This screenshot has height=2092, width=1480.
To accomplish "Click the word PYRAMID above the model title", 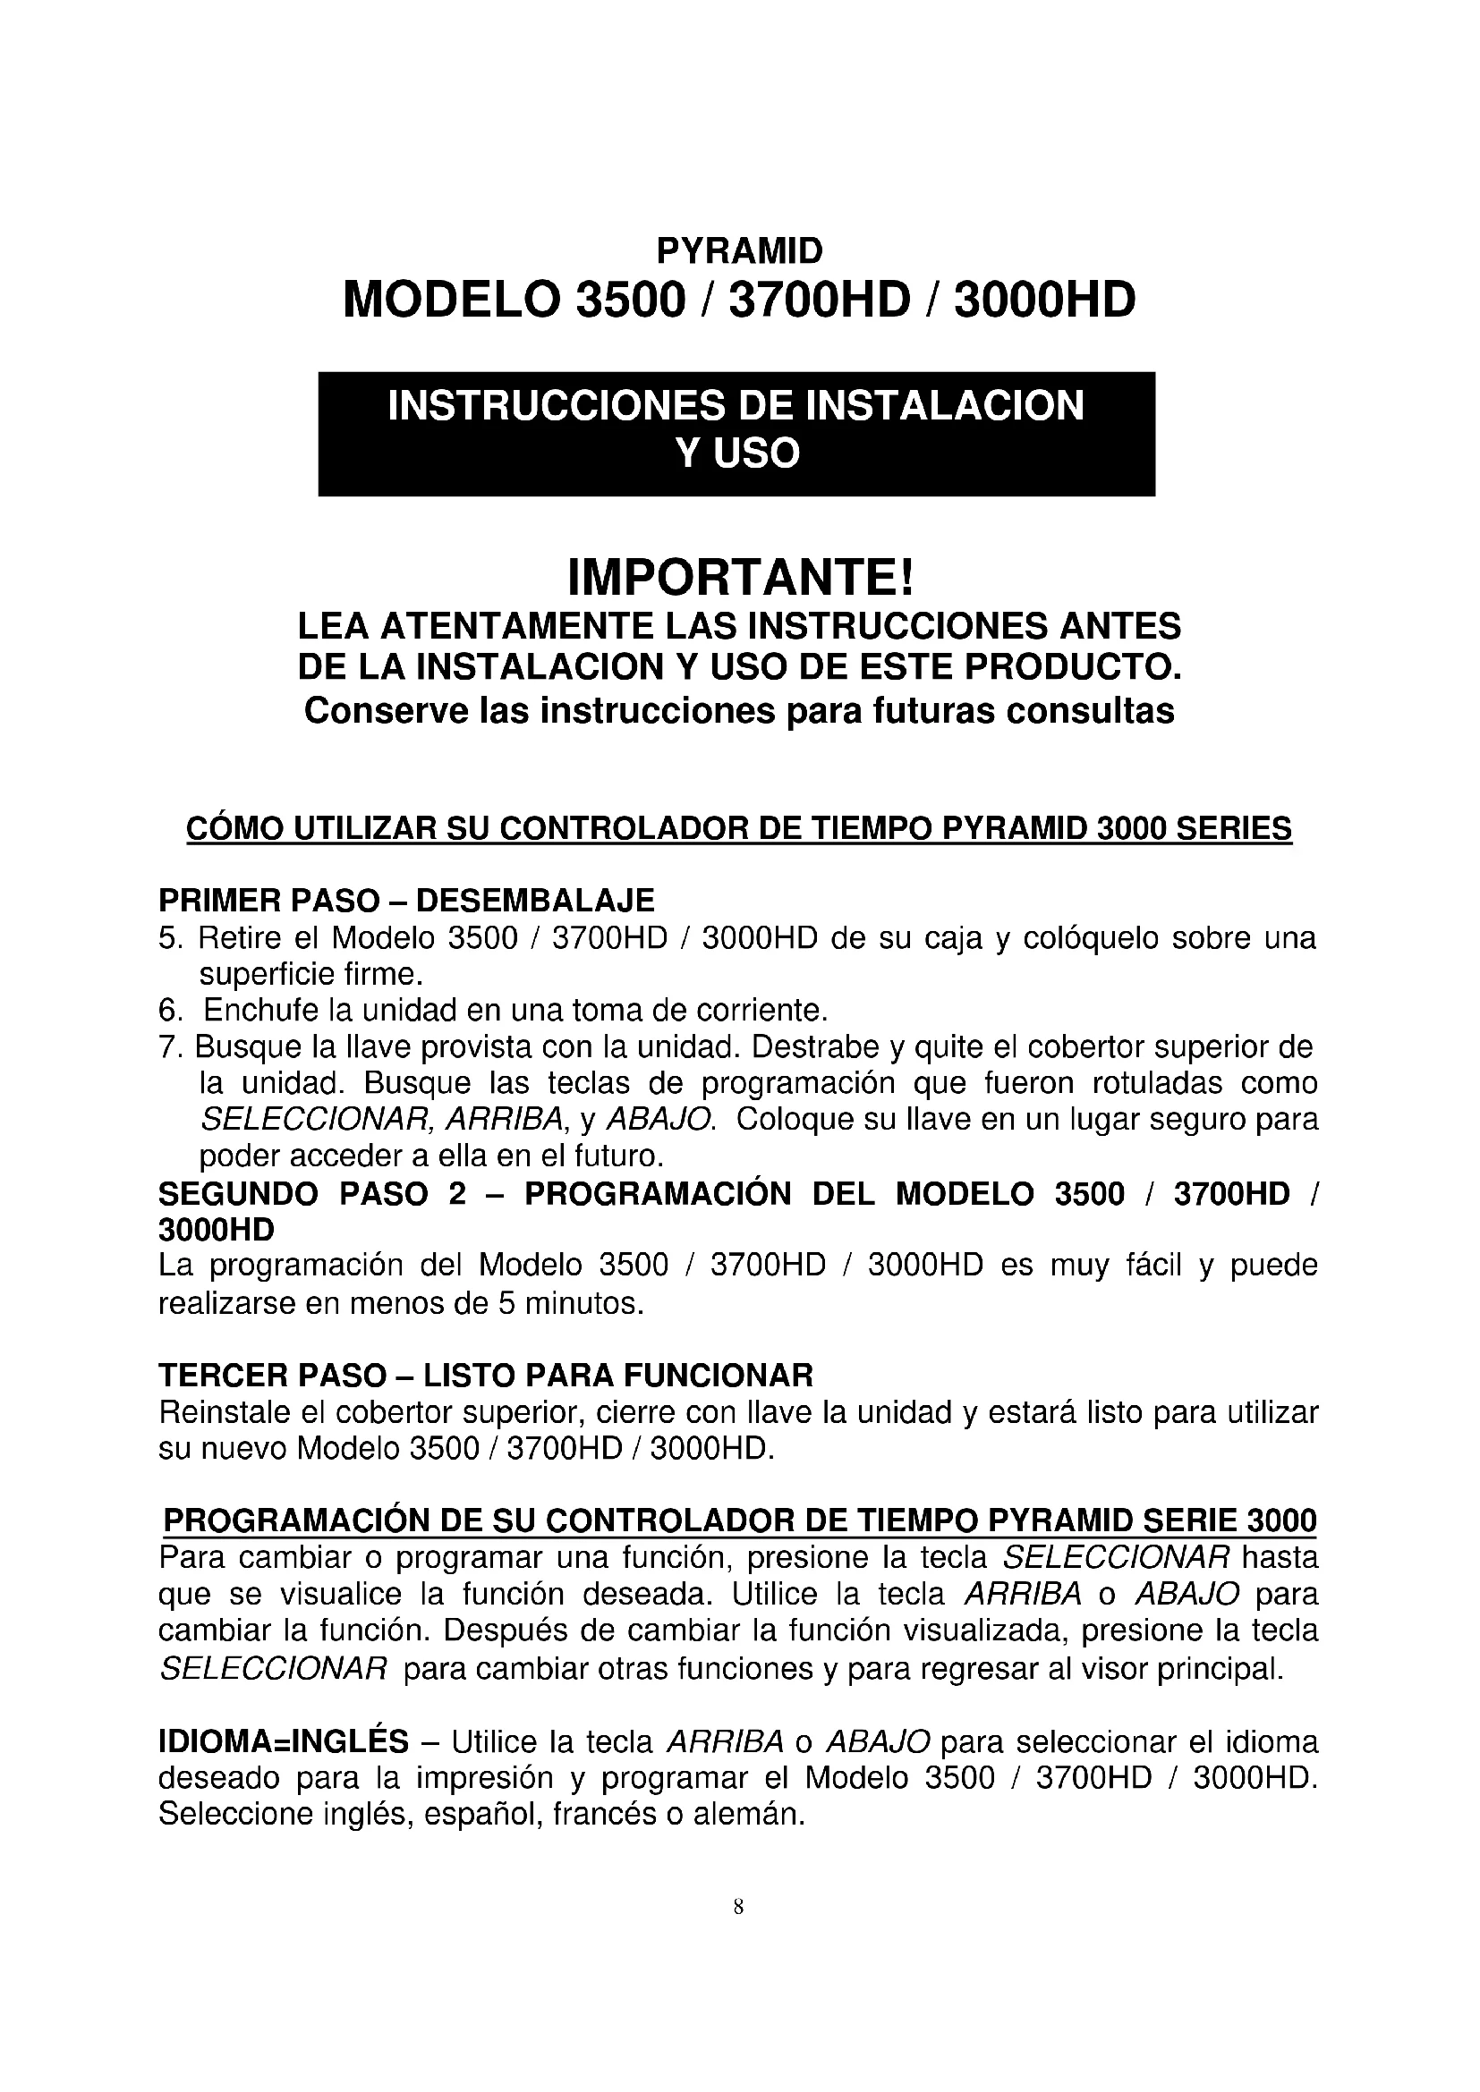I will (739, 250).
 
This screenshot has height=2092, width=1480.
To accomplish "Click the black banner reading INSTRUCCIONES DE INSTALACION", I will (736, 433).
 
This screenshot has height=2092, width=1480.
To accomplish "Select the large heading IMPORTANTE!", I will (739, 577).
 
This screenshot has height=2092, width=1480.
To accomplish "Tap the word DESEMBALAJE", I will (535, 901).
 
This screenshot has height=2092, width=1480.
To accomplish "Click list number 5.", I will (170, 937).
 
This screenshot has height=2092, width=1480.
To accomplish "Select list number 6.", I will (170, 1011).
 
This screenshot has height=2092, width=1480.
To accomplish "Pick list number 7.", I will (170, 1047).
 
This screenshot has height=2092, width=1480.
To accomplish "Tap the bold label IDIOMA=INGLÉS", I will (284, 1742).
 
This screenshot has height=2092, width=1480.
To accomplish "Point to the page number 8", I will (738, 1906).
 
